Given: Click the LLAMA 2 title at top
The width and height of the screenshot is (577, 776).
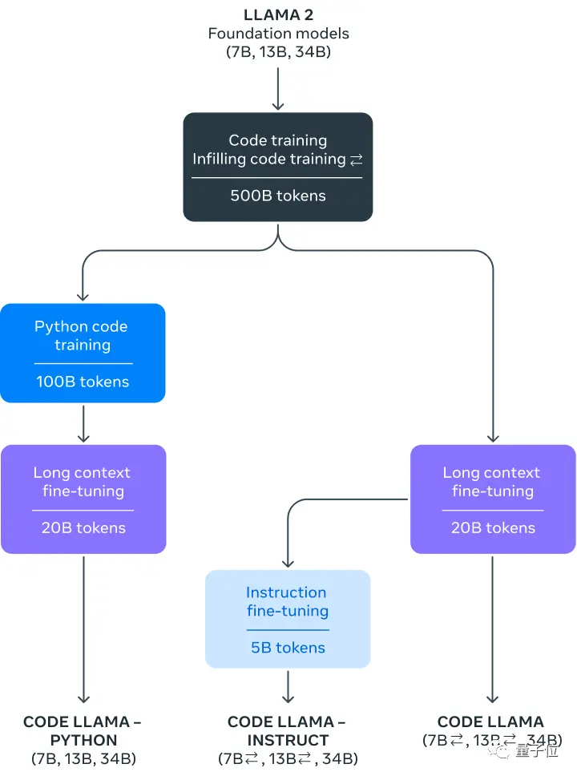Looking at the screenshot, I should (x=278, y=14).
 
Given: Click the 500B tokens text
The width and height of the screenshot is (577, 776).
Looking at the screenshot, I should (x=278, y=196).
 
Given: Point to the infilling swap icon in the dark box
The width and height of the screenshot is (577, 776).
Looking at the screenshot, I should (x=357, y=160).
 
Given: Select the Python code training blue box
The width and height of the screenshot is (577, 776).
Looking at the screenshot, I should (x=83, y=353).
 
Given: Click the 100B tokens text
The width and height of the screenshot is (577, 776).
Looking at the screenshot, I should (x=83, y=382).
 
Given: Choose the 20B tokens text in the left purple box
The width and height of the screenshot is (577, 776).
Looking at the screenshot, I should (x=83, y=527).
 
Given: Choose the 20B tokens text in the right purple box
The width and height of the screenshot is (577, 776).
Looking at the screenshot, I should (x=493, y=527).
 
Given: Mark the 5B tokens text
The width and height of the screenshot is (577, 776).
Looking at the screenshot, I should (x=288, y=648).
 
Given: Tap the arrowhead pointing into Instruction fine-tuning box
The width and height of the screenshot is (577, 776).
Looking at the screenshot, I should (x=288, y=563).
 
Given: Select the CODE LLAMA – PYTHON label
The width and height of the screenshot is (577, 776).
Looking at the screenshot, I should (x=83, y=731).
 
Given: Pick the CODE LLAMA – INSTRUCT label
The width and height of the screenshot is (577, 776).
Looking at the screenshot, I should (x=288, y=731).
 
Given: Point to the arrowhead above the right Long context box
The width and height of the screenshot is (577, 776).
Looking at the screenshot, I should (x=493, y=438).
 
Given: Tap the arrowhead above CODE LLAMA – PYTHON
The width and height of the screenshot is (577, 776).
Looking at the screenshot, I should (x=83, y=699).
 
